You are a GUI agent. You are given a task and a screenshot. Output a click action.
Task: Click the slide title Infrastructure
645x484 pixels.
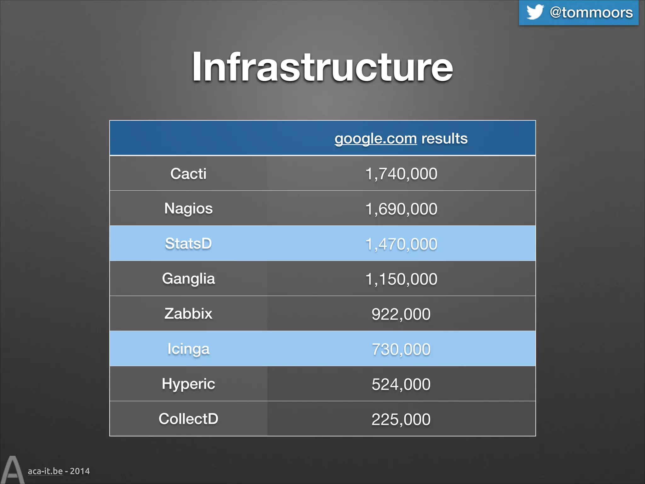(322, 67)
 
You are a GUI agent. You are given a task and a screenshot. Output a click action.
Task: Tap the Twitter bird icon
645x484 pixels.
(535, 12)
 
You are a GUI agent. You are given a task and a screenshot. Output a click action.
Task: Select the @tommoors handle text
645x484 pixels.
(591, 13)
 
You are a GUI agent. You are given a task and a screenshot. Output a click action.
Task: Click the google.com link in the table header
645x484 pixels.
(375, 139)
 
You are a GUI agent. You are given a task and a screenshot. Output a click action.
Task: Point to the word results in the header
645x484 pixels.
(444, 139)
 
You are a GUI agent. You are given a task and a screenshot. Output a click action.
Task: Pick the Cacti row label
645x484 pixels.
(188, 174)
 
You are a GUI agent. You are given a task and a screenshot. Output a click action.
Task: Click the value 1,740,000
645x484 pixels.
(401, 174)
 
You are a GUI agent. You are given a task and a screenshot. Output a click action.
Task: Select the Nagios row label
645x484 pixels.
(188, 209)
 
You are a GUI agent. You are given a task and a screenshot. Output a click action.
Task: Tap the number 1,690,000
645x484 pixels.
(401, 209)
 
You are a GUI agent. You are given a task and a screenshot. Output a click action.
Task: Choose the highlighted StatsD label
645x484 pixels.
(188, 244)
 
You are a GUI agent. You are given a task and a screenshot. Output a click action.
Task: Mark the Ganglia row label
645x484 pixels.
(188, 279)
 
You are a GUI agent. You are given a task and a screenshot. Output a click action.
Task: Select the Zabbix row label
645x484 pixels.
(188, 314)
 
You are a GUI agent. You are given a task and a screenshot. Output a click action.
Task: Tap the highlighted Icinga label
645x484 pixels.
(188, 349)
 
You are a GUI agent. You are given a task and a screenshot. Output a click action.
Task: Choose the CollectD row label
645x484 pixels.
(188, 419)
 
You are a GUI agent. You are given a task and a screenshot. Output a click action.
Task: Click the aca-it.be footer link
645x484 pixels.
(45, 471)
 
